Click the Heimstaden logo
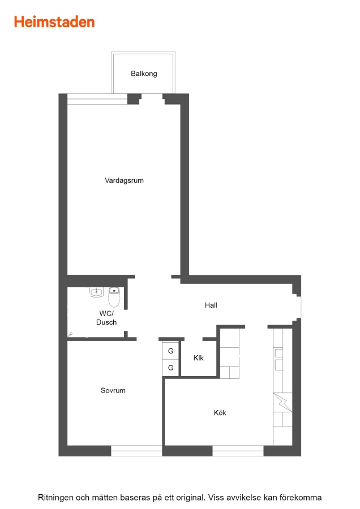(54, 22)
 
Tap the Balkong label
(144, 74)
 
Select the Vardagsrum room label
(124, 180)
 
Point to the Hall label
(211, 305)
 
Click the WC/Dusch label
(106, 318)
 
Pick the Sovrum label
(113, 390)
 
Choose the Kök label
(220, 413)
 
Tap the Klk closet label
(199, 358)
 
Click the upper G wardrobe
(170, 351)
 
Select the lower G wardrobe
(170, 368)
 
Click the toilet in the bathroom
(114, 297)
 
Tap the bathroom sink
(96, 292)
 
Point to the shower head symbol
(70, 334)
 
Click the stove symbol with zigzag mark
(282, 403)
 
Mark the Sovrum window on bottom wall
(136, 451)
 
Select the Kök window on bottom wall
(238, 451)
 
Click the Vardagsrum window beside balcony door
(97, 99)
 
